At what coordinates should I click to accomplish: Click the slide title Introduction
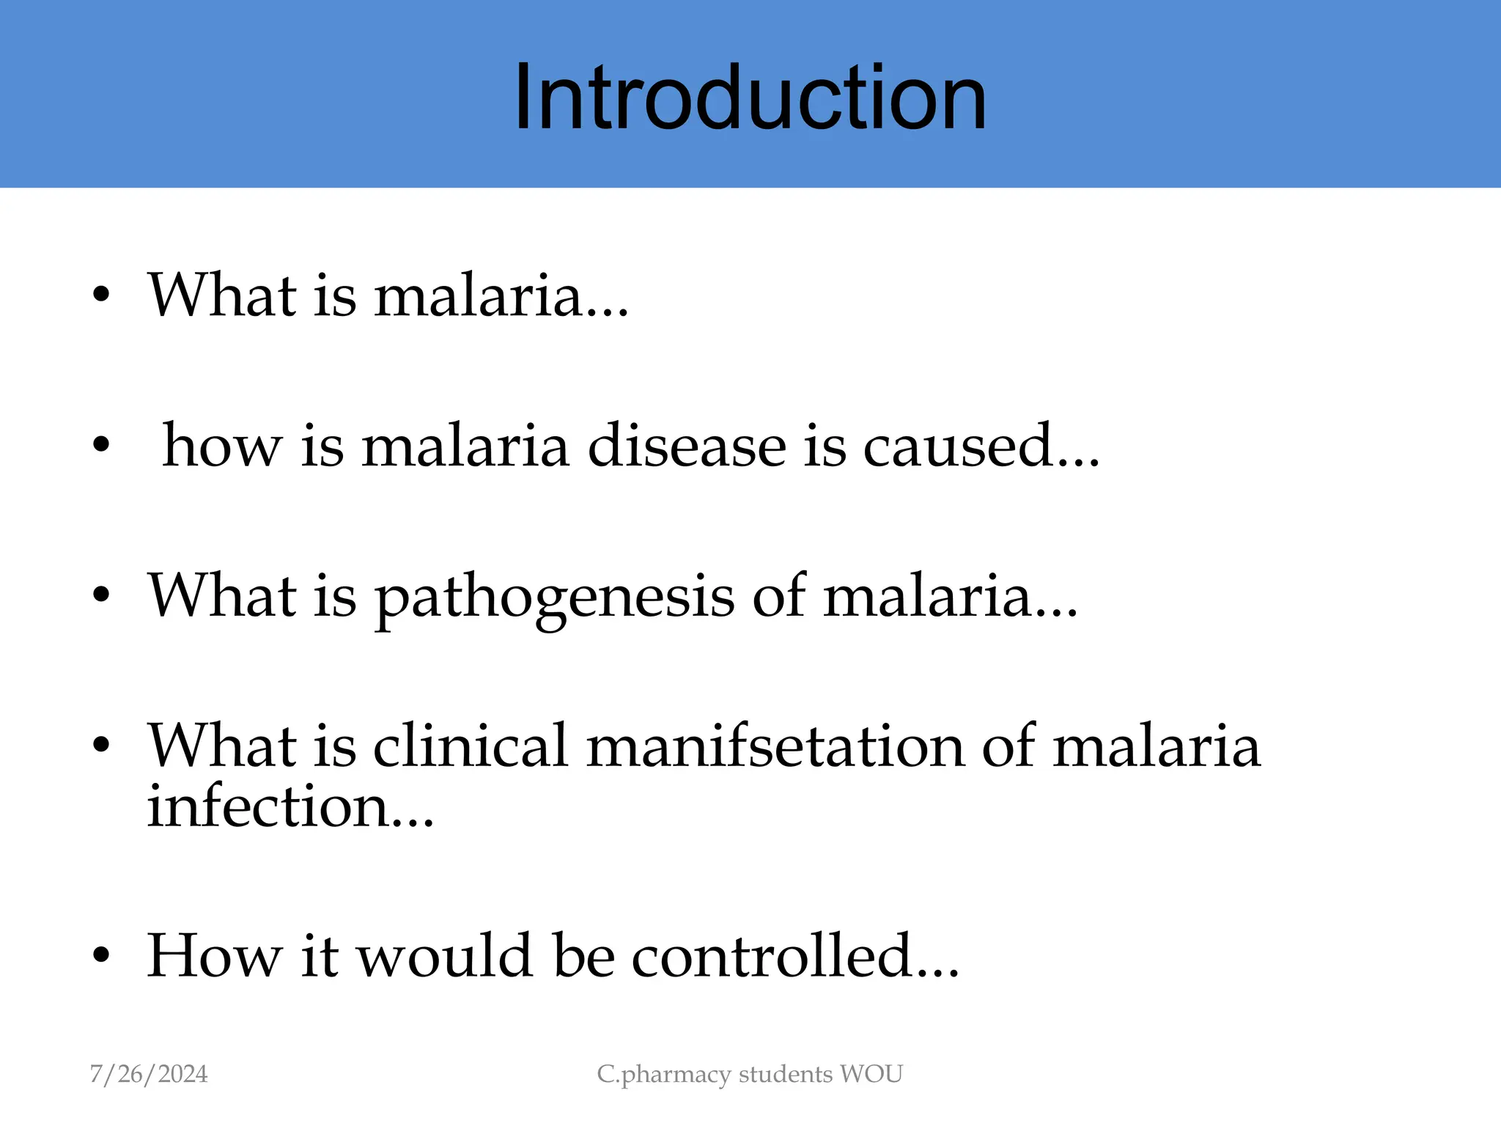[x=750, y=97]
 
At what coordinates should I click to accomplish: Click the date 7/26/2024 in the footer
[x=149, y=1074]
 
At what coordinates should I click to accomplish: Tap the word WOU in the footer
[x=871, y=1074]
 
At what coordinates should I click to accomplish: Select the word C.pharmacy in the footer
[x=664, y=1075]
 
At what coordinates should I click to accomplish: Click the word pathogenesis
[x=554, y=597]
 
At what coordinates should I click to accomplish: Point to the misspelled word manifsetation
[x=775, y=746]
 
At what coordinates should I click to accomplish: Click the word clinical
[x=471, y=746]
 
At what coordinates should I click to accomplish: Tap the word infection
[x=268, y=806]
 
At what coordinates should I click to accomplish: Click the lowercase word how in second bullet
[x=221, y=446]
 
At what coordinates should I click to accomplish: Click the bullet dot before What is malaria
[x=101, y=295]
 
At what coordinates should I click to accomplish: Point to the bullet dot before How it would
[x=101, y=956]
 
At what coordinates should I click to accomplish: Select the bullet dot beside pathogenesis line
[x=101, y=595]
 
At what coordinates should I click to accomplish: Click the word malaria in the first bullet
[x=478, y=295]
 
